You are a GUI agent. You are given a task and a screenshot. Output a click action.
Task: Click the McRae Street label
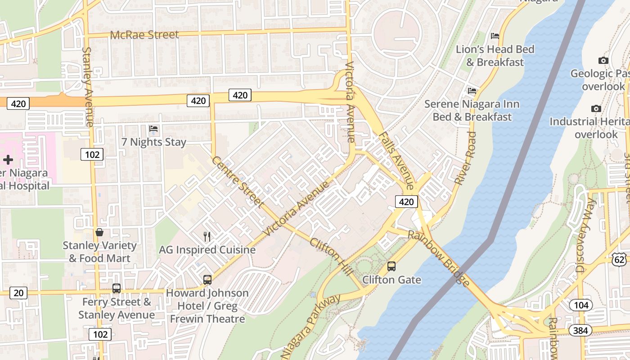144,35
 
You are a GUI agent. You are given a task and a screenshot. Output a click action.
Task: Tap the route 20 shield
18,293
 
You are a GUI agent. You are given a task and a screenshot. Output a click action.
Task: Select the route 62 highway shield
619,258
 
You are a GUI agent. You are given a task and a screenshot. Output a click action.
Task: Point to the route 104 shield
581,305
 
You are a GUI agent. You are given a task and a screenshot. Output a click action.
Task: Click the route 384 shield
580,331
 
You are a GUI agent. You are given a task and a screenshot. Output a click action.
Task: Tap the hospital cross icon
8,159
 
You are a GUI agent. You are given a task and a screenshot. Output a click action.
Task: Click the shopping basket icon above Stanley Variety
99,232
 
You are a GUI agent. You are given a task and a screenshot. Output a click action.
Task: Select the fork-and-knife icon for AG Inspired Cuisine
207,236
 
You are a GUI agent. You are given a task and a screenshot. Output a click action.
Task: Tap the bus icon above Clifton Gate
391,266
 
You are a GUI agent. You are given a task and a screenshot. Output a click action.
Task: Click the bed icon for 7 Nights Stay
153,129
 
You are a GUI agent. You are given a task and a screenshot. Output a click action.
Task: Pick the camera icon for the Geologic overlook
603,60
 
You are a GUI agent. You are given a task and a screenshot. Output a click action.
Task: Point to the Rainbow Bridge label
439,258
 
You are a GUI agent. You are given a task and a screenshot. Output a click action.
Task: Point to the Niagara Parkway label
311,327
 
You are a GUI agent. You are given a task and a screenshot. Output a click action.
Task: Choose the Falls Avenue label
396,160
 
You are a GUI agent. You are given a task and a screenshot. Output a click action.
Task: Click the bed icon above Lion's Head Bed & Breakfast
495,36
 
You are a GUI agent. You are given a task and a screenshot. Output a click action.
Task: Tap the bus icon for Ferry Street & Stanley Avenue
117,288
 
